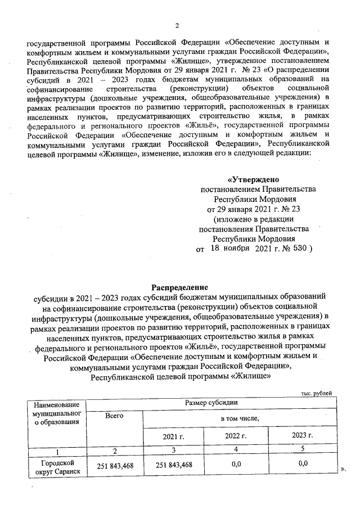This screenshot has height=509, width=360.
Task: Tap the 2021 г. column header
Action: pos(173,436)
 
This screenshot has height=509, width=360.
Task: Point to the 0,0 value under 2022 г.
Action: pos(236,464)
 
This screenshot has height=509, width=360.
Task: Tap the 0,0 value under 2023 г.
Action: pos(303,464)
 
